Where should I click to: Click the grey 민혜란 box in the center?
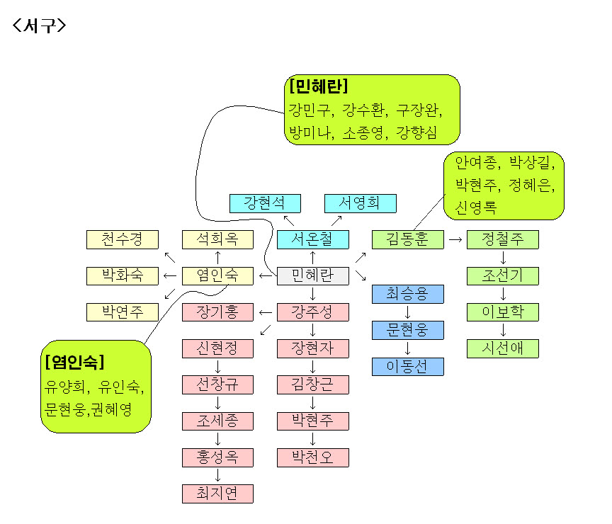click(312, 276)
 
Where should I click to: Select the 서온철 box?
click(312, 239)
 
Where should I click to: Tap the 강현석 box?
click(265, 203)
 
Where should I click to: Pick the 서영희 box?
click(360, 203)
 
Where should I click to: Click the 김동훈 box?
click(408, 239)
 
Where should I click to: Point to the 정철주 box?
click(502, 239)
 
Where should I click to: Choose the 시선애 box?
click(502, 348)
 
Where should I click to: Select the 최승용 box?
click(408, 294)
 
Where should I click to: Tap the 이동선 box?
click(408, 367)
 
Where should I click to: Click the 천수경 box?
click(122, 239)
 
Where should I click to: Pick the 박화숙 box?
click(122, 276)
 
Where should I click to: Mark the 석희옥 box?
click(217, 239)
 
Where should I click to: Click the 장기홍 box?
click(217, 312)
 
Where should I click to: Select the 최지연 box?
click(217, 494)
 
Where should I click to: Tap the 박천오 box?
click(312, 457)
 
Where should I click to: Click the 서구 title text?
click(40, 25)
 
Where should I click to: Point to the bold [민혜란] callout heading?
click(318, 86)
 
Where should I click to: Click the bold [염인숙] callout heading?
click(74, 363)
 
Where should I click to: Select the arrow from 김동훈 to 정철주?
click(455, 239)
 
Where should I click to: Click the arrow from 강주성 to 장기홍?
click(265, 312)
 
